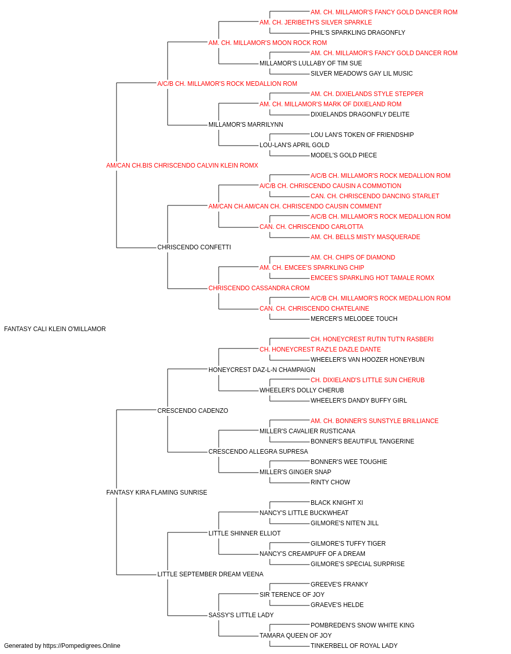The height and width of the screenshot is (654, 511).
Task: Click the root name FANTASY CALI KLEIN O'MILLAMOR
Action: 55,329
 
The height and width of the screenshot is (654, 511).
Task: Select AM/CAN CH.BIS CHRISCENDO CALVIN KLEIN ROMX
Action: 182,166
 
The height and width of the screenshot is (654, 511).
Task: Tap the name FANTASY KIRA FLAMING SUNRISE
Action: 156,493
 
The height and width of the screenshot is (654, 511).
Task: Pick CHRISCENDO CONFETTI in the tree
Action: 194,247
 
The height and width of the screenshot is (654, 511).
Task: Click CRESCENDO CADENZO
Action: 193,410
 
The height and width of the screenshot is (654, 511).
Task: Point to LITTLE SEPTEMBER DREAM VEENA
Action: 210,574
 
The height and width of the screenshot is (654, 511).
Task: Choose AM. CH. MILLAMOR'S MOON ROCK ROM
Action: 268,43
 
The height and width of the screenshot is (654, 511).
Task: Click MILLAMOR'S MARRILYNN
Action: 246,125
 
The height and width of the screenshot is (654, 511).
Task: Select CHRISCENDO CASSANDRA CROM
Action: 259,288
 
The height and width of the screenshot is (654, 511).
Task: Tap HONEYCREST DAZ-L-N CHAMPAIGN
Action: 262,369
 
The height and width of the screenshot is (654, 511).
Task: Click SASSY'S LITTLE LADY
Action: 241,615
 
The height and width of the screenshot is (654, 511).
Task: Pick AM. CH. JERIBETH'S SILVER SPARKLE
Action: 315,22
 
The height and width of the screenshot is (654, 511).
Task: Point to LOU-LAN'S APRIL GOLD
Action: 294,145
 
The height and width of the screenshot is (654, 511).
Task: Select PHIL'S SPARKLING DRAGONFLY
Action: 358,33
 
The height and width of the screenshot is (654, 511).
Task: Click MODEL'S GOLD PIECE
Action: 344,155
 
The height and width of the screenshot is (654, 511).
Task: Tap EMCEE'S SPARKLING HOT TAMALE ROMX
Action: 373,278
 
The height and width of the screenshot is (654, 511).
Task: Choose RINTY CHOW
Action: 330,482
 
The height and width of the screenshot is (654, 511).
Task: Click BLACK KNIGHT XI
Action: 337,503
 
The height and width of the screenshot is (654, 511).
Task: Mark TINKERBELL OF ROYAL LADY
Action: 354,646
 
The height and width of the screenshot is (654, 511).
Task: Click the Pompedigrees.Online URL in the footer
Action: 81,646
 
